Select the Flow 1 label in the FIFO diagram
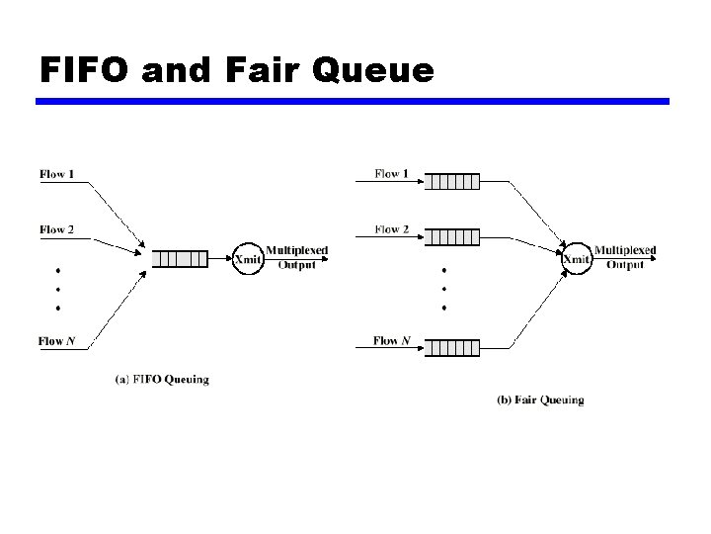click(x=56, y=175)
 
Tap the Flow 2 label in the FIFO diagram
click(x=56, y=230)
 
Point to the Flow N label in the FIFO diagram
click(x=57, y=342)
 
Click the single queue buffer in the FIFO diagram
click(x=180, y=259)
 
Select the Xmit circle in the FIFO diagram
click(x=247, y=259)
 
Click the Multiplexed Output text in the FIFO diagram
click(x=296, y=257)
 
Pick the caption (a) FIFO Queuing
click(x=162, y=379)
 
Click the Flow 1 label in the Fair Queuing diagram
click(x=392, y=175)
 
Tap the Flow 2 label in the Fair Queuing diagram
click(x=392, y=230)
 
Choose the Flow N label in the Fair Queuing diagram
click(x=392, y=341)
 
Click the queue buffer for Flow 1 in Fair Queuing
click(x=454, y=181)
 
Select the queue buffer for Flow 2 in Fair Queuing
click(x=454, y=236)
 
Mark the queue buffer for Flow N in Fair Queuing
click(x=454, y=348)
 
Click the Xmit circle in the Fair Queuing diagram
click(x=576, y=259)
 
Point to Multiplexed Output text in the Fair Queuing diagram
click(x=624, y=257)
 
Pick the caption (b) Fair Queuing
click(x=539, y=400)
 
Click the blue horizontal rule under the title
click(x=353, y=101)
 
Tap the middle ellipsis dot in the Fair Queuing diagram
click(x=444, y=289)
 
